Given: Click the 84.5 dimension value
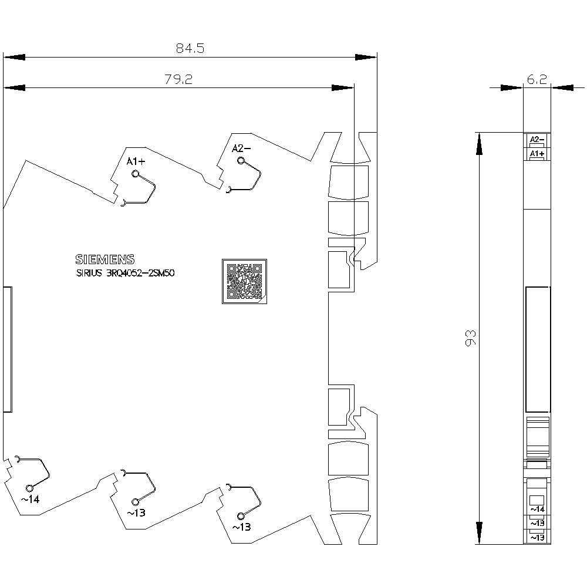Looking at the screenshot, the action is click(190, 48).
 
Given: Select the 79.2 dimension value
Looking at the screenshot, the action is click(178, 79).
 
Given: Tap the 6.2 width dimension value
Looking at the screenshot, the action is click(537, 79).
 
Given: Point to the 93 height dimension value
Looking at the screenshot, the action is click(471, 338).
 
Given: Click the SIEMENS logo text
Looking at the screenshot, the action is click(105, 259).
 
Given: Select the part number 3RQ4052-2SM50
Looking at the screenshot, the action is click(140, 273).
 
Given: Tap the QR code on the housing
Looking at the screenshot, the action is click(244, 281).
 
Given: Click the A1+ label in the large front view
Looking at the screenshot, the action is click(136, 162).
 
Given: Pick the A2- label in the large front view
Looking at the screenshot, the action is click(241, 149).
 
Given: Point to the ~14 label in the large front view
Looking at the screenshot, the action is click(30, 499).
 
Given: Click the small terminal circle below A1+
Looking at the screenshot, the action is click(136, 174).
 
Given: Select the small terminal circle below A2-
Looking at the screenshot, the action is click(241, 161).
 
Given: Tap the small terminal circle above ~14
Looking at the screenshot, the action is click(29, 488).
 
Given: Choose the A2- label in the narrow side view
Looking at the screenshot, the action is click(537, 139).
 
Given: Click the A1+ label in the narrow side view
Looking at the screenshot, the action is click(537, 153).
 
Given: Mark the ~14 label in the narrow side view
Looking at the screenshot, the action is click(537, 509).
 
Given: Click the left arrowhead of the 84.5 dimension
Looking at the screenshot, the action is click(14, 58).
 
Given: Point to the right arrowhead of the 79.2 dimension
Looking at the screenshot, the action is click(343, 88).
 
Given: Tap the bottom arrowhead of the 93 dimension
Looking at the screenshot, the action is click(479, 533).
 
